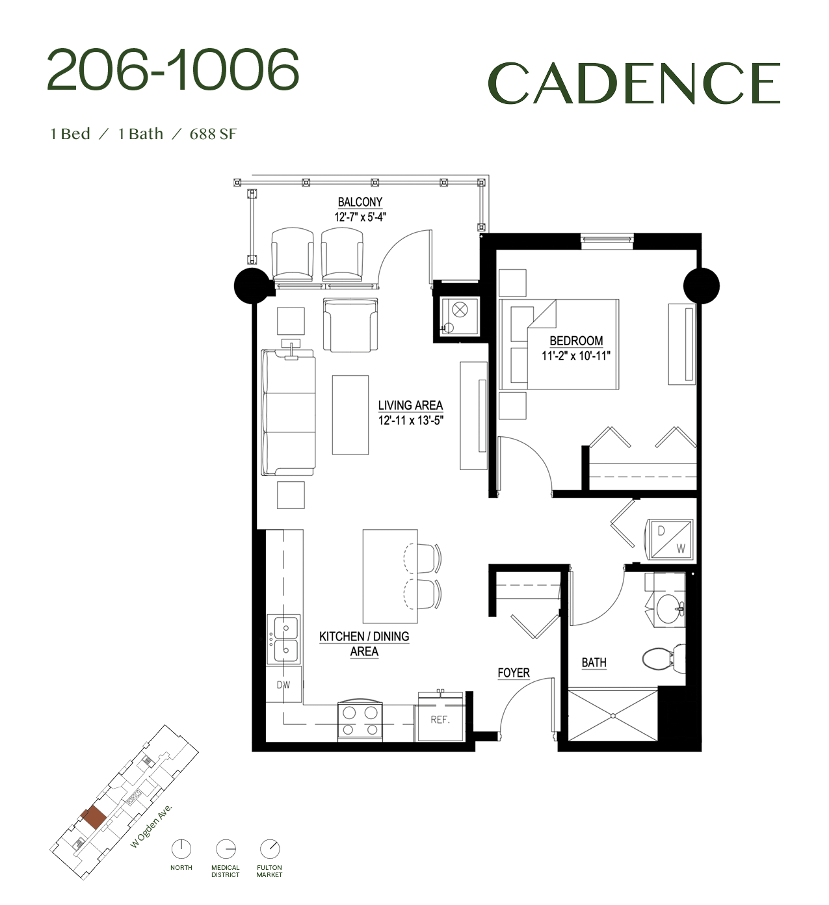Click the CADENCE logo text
coord(634,83)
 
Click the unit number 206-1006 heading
coord(173,70)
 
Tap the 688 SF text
coord(213,134)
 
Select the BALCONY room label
coord(360,202)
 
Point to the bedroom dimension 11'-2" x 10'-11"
coord(575,356)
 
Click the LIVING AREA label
coord(410,405)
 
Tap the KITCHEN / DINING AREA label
coord(364,644)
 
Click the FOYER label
coord(514,673)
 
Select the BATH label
coord(594,662)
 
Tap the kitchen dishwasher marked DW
coord(283,685)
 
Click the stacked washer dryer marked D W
coord(670,539)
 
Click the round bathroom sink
coord(670,609)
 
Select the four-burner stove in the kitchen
coord(360,720)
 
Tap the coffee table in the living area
coord(350,415)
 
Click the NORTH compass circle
coord(181,849)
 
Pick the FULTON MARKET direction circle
coord(269,849)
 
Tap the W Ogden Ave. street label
coord(151,826)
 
